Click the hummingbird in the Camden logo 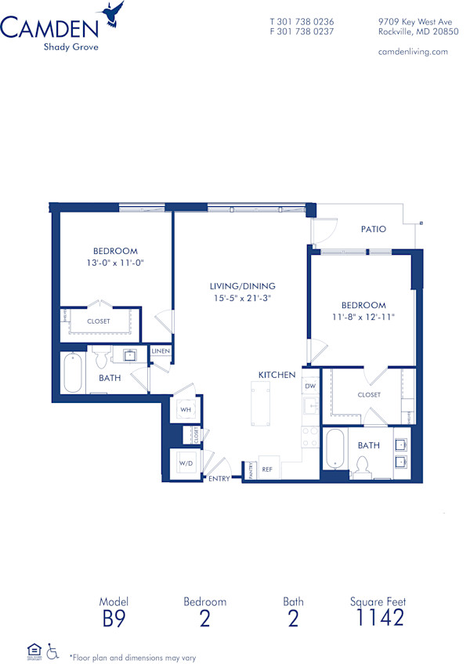[113, 13]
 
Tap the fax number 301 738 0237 [302, 32]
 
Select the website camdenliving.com [412, 52]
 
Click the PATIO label [374, 230]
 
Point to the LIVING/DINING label [242, 286]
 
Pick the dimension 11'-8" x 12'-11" [363, 317]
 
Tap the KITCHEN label [277, 376]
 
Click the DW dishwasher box [310, 386]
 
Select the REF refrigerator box [267, 469]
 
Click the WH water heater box [186, 409]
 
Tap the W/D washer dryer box [186, 463]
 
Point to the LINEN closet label [161, 351]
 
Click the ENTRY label [219, 479]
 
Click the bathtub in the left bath [72, 373]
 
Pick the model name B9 [113, 618]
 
